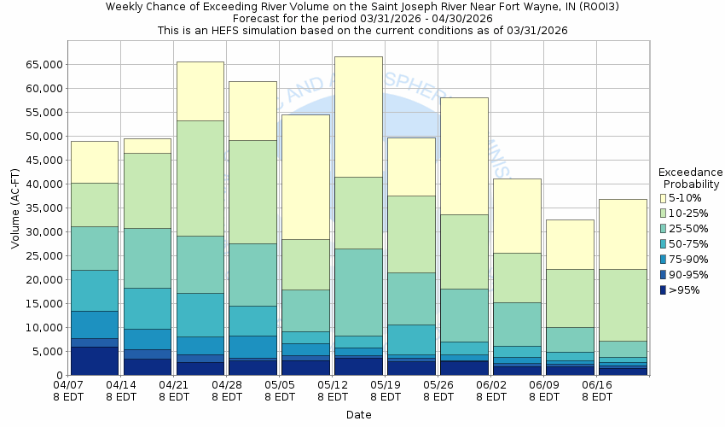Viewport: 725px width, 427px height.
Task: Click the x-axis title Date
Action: pyautogui.click(x=358, y=415)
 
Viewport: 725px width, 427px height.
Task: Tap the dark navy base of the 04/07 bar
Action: pyautogui.click(x=94, y=360)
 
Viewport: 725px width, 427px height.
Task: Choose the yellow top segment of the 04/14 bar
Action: pyautogui.click(x=147, y=146)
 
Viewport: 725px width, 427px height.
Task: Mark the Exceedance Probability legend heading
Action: pyautogui.click(x=691, y=178)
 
